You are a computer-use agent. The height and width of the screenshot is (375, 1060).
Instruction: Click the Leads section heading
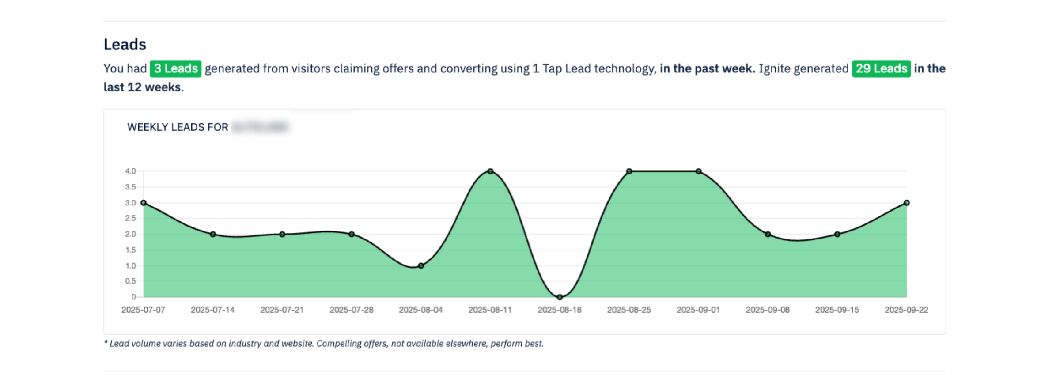tap(125, 45)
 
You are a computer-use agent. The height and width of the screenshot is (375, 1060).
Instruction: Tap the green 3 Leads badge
tap(175, 69)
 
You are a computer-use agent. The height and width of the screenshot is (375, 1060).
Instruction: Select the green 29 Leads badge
tap(881, 69)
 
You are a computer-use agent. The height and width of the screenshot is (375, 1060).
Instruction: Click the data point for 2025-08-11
tap(490, 171)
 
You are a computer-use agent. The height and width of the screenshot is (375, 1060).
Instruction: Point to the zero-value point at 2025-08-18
tap(560, 297)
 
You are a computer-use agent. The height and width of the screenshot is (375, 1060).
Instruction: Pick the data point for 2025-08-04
tap(421, 266)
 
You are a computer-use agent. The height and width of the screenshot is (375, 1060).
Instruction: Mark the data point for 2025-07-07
tap(144, 203)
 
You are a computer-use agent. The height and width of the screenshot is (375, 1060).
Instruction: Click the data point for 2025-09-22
tap(906, 203)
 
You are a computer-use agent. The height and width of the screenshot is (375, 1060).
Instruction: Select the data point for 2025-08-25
tap(629, 171)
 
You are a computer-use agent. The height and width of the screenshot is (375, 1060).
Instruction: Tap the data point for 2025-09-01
tap(698, 171)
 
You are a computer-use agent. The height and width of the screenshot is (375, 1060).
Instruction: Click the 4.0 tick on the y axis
tap(130, 171)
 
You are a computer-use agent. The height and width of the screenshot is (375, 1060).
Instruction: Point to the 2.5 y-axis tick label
tap(130, 218)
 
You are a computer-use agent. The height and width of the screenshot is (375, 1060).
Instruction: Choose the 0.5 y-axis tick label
tap(130, 281)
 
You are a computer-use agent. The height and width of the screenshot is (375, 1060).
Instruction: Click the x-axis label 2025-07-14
tap(212, 310)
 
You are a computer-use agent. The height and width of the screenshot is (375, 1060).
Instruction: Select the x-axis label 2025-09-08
tap(768, 310)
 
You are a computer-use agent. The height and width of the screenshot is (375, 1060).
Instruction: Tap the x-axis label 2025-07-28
tap(351, 310)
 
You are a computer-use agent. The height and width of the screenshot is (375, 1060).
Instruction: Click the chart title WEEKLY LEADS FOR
tap(178, 127)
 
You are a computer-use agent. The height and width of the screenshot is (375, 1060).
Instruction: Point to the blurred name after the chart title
tap(260, 127)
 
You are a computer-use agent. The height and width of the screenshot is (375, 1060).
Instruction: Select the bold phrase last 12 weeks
tap(142, 87)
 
